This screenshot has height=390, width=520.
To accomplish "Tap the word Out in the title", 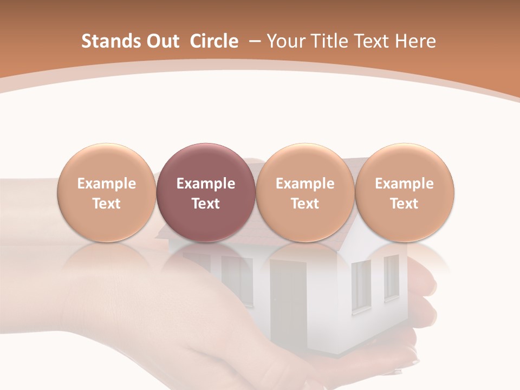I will (x=162, y=41).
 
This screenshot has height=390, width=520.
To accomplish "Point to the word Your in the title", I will (x=286, y=41).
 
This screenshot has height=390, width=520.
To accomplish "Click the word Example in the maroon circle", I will (x=205, y=184).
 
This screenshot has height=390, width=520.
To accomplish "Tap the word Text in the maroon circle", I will (x=205, y=204).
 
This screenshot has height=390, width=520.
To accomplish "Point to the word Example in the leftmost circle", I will (x=106, y=184).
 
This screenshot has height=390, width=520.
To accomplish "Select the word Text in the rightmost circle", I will (x=404, y=204).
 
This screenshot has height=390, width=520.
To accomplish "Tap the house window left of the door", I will (x=237, y=279).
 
